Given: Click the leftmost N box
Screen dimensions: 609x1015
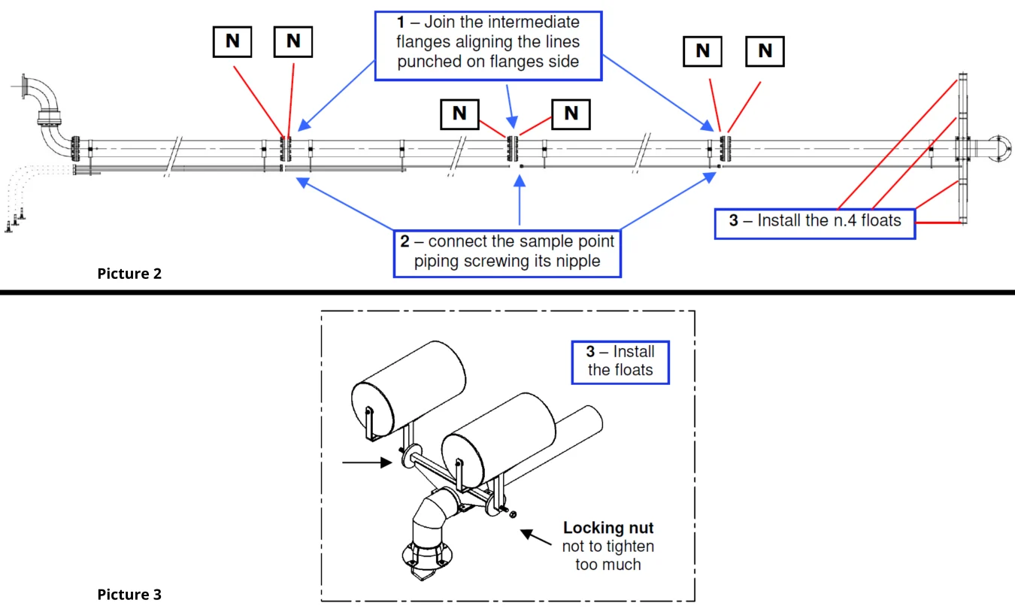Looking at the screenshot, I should click(x=232, y=41).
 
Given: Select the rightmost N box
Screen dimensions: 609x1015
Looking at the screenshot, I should click(x=765, y=51).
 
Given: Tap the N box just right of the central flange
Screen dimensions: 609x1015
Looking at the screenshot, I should click(x=571, y=113).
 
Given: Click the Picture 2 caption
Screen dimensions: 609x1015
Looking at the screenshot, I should click(x=129, y=274).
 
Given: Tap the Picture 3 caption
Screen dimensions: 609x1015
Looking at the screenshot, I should click(x=129, y=595).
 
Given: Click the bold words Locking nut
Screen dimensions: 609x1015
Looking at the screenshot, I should click(x=608, y=528).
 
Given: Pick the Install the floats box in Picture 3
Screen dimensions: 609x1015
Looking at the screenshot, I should click(x=620, y=360).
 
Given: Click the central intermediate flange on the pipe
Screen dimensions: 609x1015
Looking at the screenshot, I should click(x=513, y=150).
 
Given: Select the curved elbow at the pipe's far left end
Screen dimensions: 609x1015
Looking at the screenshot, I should click(x=48, y=113).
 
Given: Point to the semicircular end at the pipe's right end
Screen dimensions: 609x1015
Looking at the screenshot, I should click(x=1001, y=148).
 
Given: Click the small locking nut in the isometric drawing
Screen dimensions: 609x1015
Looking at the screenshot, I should click(x=512, y=514).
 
